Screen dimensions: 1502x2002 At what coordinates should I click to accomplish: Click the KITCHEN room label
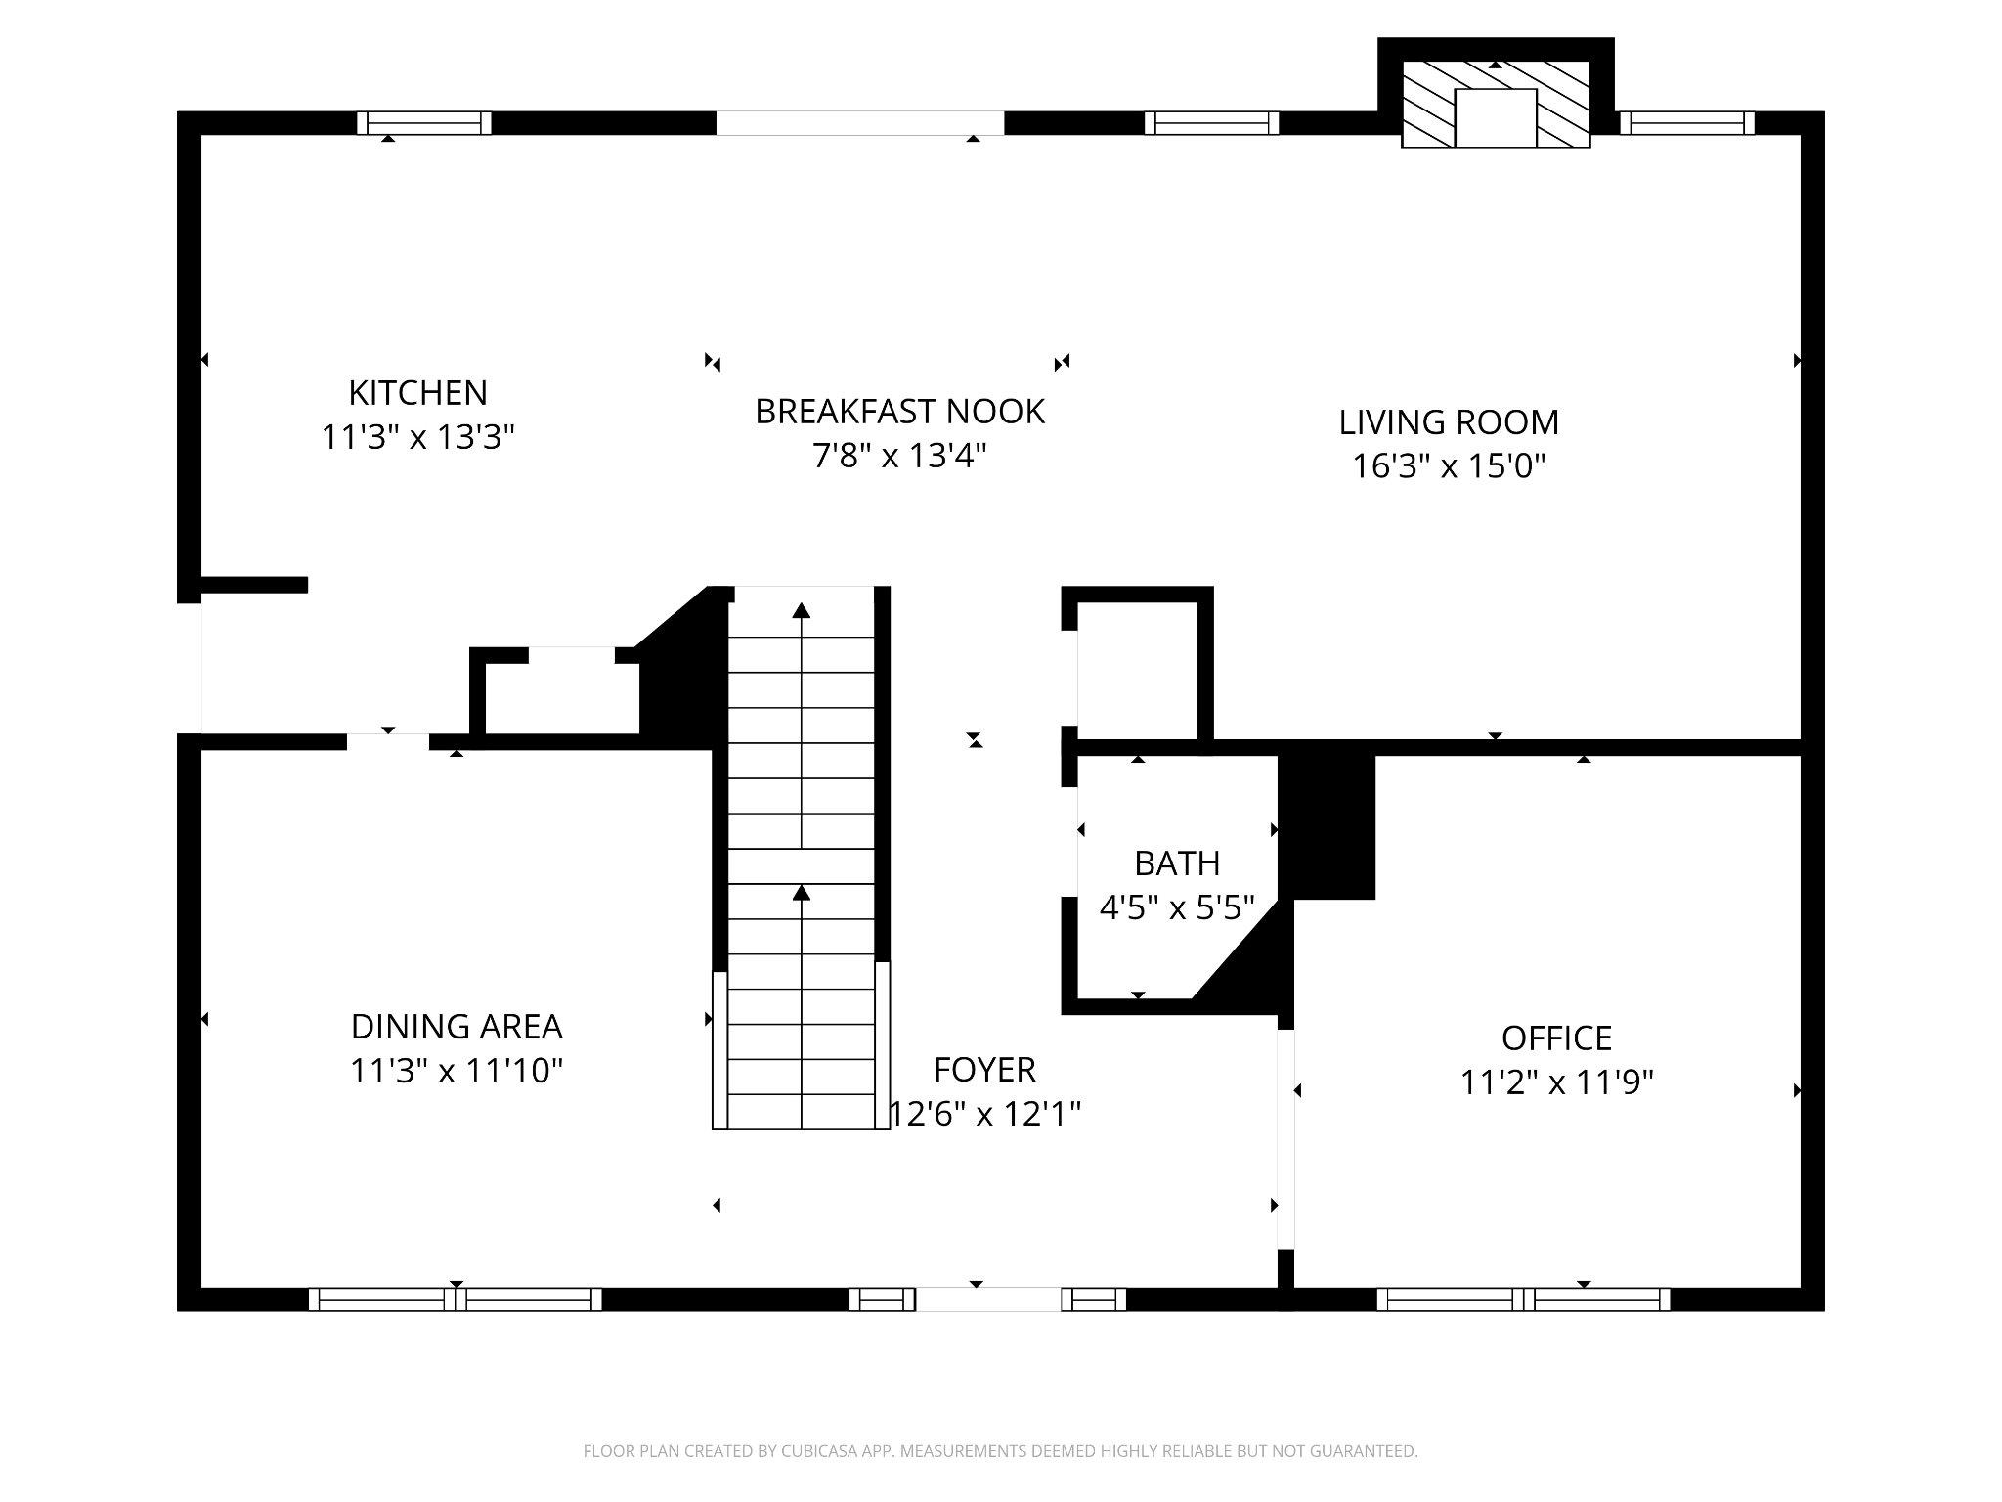coord(417,393)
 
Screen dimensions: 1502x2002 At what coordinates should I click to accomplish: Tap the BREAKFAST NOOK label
coord(899,412)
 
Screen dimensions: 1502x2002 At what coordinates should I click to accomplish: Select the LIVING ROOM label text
coord(1449,422)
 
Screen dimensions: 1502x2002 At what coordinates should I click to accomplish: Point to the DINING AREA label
coord(457,1027)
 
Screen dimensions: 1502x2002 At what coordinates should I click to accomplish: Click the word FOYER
coord(984,1070)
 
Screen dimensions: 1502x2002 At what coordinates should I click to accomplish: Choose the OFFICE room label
coord(1556,1038)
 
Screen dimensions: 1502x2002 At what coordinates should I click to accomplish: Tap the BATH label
coord(1177,863)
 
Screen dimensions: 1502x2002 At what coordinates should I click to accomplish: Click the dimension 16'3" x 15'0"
coord(1449,466)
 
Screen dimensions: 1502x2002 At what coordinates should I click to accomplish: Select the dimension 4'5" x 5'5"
coord(1177,908)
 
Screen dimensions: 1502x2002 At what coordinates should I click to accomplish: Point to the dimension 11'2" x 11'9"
coord(1556,1082)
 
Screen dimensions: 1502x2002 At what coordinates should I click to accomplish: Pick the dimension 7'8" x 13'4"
coord(899,456)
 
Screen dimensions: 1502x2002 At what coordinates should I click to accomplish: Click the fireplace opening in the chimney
coord(1496,118)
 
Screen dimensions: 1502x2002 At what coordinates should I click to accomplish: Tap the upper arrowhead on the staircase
coord(802,611)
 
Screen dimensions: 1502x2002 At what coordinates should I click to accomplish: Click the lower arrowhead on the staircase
coord(802,892)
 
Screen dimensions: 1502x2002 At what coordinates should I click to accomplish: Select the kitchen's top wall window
coord(423,123)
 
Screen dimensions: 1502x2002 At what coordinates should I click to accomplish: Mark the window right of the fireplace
coord(1687,123)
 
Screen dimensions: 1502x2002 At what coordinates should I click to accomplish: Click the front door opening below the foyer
coord(987,1300)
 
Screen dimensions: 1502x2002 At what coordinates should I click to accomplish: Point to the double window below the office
coord(1524,1300)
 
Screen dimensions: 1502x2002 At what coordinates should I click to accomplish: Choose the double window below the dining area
coord(456,1300)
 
